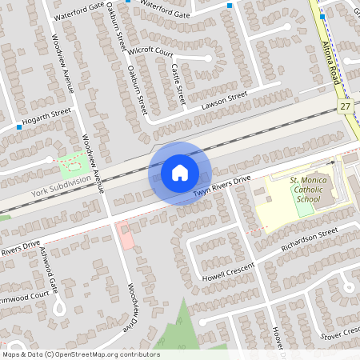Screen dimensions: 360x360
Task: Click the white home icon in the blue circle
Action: click(180, 172)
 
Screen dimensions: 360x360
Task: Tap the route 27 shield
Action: click(345, 106)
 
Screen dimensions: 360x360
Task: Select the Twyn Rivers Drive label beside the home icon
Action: click(222, 188)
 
